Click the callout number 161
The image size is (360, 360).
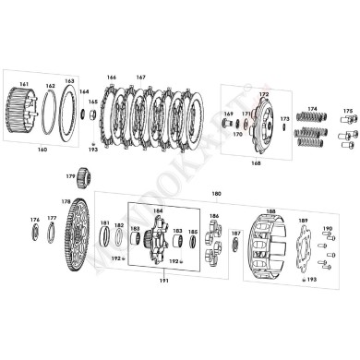coord(24,84)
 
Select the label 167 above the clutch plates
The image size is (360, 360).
coord(140,77)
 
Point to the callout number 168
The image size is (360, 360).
coord(256,162)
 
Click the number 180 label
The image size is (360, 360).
coord(216,194)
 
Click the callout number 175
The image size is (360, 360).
coord(347,111)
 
